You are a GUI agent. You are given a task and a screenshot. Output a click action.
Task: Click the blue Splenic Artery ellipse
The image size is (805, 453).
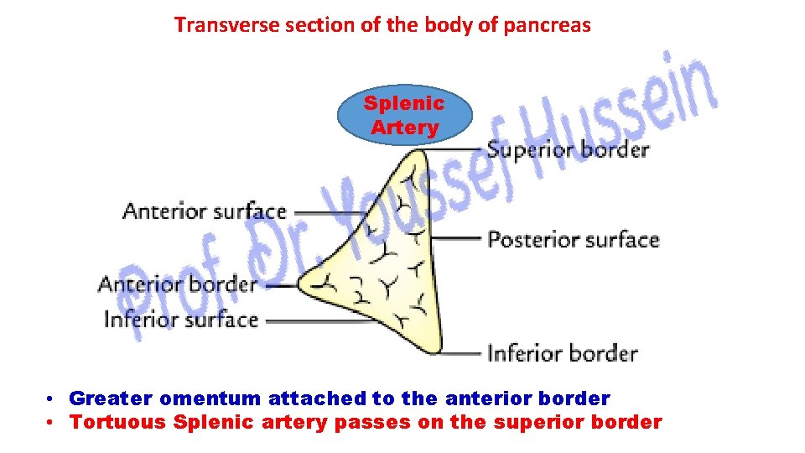pyautogui.click(x=404, y=116)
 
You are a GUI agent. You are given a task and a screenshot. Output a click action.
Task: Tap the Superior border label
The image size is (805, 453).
pyautogui.click(x=568, y=150)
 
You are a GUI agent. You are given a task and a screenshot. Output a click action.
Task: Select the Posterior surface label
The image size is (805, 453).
pyautogui.click(x=574, y=240)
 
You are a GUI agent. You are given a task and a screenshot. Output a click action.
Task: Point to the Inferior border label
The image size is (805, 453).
pyautogui.click(x=563, y=352)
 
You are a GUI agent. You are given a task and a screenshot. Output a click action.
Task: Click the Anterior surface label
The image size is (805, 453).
pyautogui.click(x=205, y=211)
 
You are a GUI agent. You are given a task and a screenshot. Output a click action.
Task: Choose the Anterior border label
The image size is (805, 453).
pyautogui.click(x=178, y=284)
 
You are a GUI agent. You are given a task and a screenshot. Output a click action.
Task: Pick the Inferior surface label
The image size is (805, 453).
pyautogui.click(x=180, y=320)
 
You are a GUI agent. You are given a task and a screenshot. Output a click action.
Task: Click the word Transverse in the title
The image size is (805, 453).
pyautogui.click(x=216, y=25)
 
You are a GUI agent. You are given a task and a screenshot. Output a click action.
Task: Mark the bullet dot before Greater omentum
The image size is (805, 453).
pyautogui.click(x=52, y=398)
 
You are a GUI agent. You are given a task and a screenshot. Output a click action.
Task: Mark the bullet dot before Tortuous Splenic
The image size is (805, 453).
pyautogui.click(x=52, y=423)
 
